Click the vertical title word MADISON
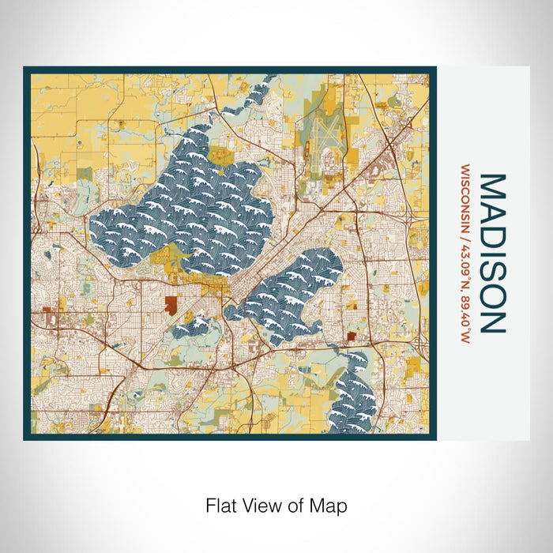point(491,253)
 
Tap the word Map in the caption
point(332,505)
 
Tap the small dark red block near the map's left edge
point(46,311)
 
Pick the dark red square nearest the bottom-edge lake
point(349,337)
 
